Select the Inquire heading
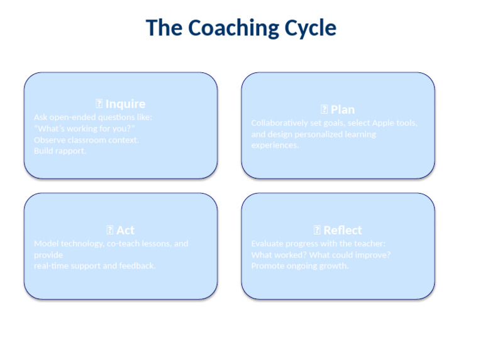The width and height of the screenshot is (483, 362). coord(125,104)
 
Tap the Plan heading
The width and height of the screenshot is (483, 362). coord(343,109)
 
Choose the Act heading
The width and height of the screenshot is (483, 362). coord(125,230)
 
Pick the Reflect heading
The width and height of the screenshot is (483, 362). coord(343,230)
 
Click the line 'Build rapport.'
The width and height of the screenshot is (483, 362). coord(60,151)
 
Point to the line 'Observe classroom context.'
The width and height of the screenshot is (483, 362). coord(86,140)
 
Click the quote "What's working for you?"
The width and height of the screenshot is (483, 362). coord(84,128)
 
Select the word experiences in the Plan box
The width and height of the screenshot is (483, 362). coord(275,145)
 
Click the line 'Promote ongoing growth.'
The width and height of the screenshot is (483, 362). coord(299,266)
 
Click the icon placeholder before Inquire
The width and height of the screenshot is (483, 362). coord(99,104)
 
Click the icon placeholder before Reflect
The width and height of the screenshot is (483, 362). coord(317,230)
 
